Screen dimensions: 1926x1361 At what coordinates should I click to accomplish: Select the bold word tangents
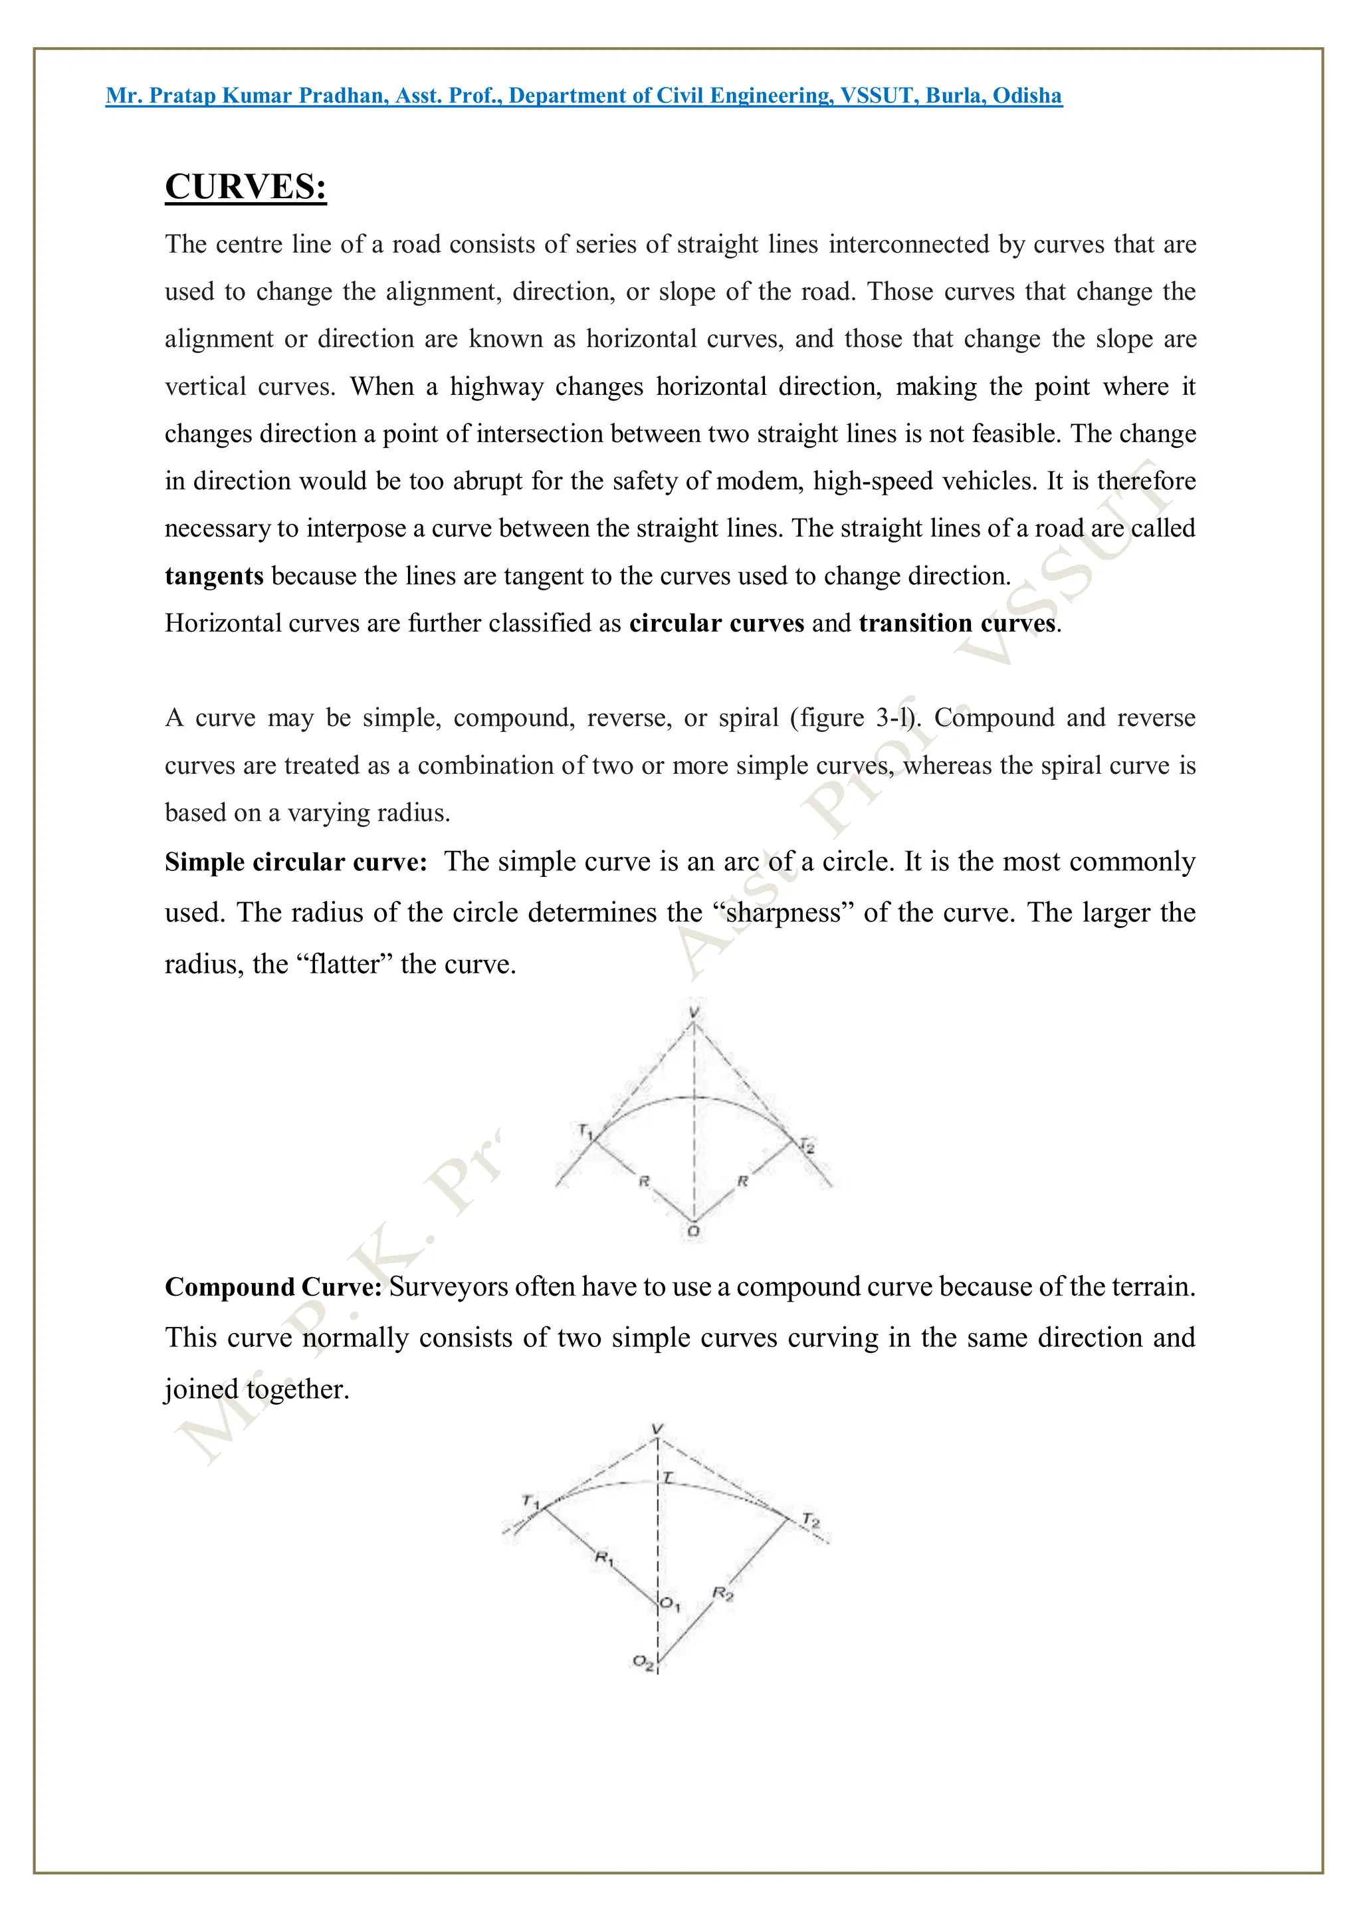tap(214, 576)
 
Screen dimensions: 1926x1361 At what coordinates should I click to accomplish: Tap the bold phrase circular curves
tap(716, 623)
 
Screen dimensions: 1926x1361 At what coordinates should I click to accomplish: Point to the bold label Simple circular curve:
tap(296, 862)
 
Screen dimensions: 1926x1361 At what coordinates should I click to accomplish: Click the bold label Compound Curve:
tap(273, 1287)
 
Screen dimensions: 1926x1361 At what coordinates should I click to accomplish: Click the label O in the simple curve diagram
tap(694, 1231)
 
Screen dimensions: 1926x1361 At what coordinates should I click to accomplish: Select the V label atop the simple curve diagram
tap(694, 1013)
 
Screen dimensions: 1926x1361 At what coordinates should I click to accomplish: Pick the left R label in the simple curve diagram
tap(644, 1181)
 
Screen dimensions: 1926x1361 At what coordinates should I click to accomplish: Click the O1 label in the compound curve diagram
tap(669, 1604)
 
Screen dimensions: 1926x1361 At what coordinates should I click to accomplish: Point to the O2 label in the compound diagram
tap(643, 1662)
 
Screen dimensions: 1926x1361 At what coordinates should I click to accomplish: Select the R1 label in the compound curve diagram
tap(605, 1558)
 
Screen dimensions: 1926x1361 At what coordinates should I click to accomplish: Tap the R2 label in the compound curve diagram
tap(723, 1593)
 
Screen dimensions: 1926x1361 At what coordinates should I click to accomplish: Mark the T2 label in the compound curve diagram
tap(810, 1519)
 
